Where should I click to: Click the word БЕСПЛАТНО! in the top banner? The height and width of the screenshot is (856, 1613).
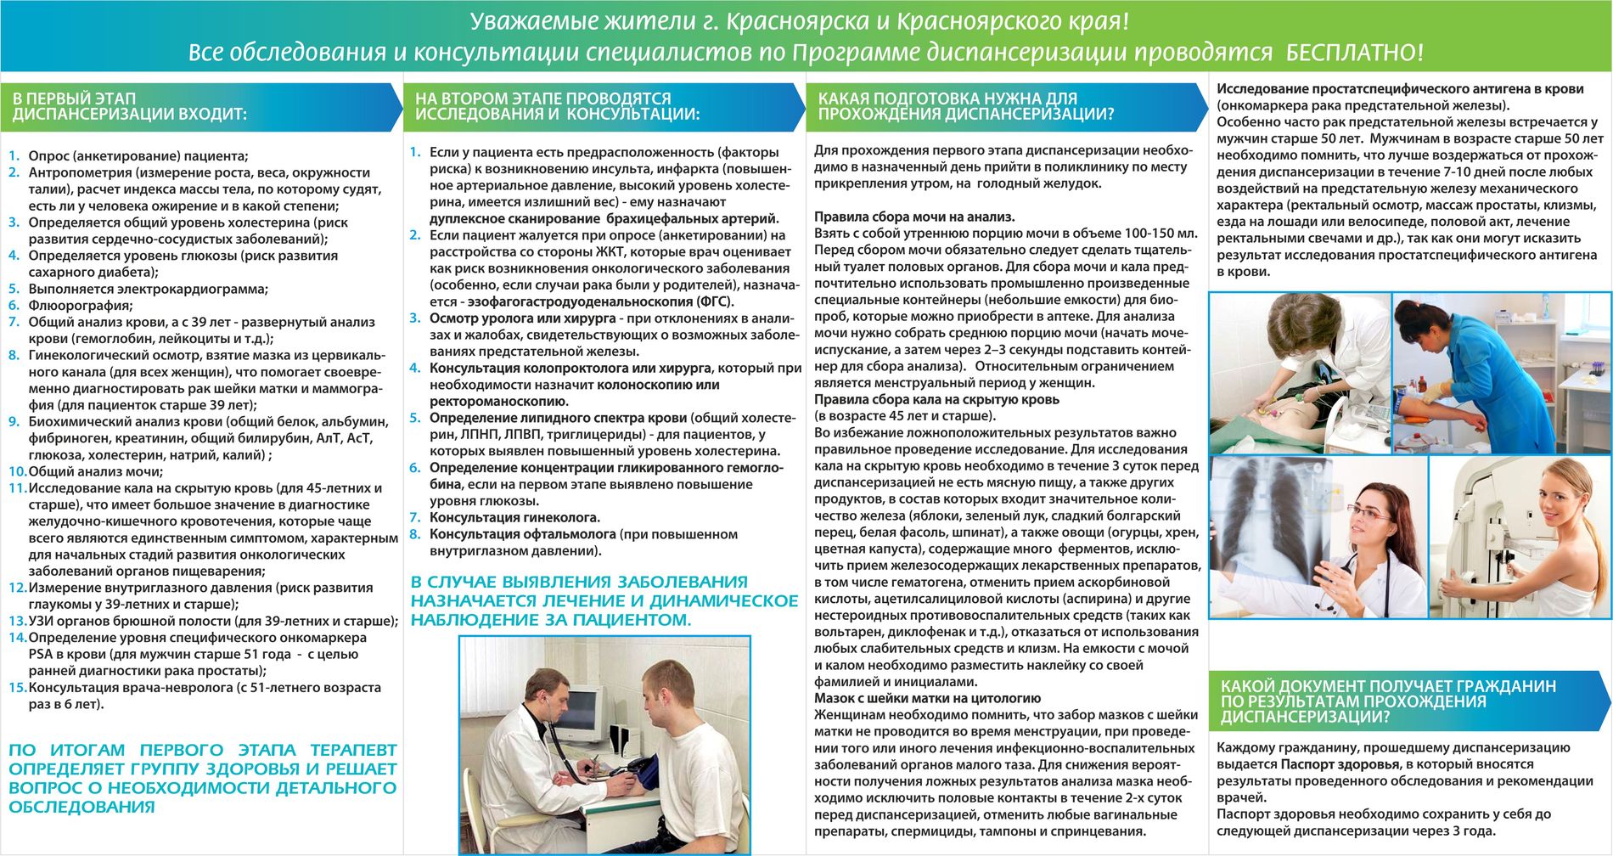point(1355,53)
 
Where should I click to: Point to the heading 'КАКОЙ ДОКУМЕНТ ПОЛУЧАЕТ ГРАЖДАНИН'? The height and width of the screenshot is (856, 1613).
point(1388,687)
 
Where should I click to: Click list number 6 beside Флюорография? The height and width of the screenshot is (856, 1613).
point(14,306)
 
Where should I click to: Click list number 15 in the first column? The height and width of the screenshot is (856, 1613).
point(17,688)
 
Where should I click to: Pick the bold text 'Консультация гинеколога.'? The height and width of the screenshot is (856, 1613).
point(514,518)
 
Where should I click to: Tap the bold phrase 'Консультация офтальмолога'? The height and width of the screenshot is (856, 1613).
point(522,535)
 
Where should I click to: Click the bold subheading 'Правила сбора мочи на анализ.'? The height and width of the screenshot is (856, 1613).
point(914,217)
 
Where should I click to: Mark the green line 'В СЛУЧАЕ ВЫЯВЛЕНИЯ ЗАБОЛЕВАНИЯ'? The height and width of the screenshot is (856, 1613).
point(579,583)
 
